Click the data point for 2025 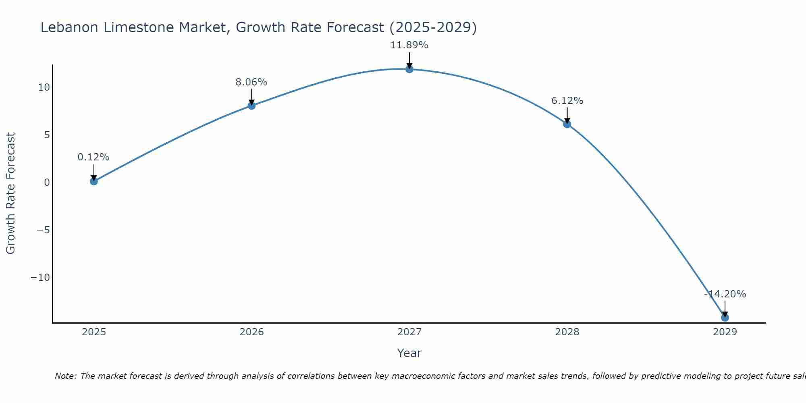pos(94,181)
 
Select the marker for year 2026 pos(251,106)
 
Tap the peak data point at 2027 pos(409,69)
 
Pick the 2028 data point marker pos(567,124)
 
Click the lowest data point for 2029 pos(725,318)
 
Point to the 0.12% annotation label pos(93,157)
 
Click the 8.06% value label pos(251,82)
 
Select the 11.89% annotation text pos(409,45)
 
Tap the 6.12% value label pos(567,101)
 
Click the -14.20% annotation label pos(725,294)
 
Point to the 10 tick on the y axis pos(44,87)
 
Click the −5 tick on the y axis pos(43,230)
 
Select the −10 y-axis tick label pos(40,278)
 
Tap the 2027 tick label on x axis pos(409,332)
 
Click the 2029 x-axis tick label pos(725,332)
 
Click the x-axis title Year pos(409,353)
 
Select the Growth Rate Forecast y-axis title pos(10,193)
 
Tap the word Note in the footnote pos(65,376)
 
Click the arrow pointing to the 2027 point pos(409,60)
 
